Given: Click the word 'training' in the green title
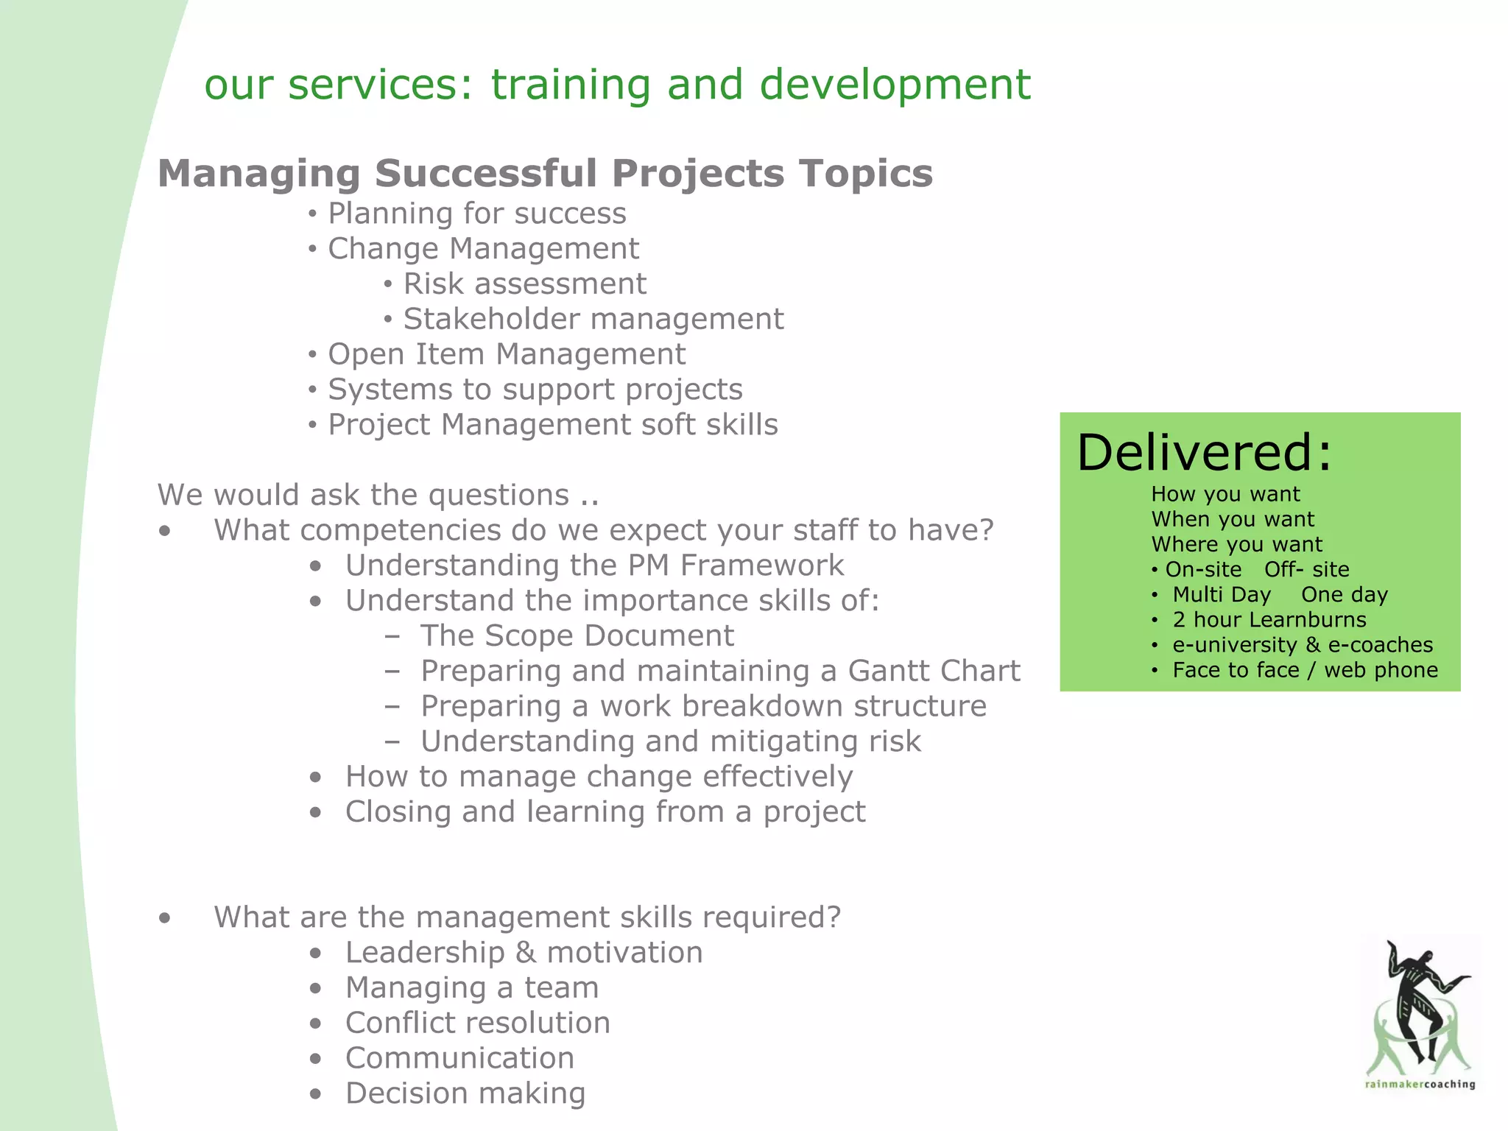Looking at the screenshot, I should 571,85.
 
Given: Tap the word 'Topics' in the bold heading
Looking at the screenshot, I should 866,174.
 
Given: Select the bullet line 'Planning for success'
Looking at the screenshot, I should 476,214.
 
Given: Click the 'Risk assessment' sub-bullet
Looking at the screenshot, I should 524,284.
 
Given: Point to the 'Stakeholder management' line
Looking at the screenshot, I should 593,320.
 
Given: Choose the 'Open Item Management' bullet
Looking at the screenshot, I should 506,355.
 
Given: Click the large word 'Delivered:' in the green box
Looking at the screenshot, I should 1204,452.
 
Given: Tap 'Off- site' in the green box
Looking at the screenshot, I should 1306,570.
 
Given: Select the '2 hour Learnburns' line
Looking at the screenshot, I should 1269,620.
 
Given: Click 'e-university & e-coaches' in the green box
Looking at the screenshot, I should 1302,645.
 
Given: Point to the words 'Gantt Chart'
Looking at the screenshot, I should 934,671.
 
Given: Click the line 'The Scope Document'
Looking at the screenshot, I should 577,636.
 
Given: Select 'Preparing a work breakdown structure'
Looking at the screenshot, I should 702,706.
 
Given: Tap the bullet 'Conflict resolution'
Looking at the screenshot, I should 477,1023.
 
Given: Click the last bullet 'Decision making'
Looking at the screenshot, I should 465,1093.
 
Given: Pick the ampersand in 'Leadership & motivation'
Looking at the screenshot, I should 526,953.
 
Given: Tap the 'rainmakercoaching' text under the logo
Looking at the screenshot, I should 1420,1084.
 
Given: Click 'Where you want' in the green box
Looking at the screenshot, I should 1236,545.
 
